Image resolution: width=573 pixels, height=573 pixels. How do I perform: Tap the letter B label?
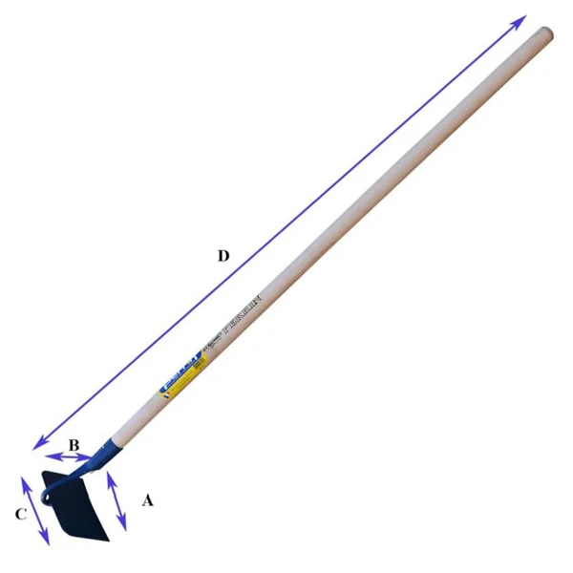coord(73,444)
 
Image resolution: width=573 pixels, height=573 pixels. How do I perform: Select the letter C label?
coord(19,515)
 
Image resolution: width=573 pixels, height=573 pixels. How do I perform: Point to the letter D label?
coord(223,255)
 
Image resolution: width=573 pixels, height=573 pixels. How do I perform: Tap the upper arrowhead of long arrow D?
coord(520,19)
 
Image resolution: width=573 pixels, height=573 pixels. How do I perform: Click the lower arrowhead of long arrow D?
coord(36,445)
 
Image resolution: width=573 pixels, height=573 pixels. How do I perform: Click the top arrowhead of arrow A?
coord(108,474)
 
